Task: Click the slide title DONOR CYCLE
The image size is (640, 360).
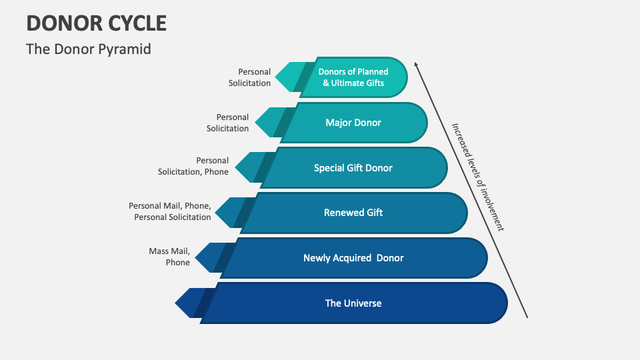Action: pos(97,23)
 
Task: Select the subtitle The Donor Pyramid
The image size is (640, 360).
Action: pos(89,49)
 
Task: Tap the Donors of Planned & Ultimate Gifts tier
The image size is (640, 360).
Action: pos(353,77)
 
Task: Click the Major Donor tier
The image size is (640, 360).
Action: pos(353,123)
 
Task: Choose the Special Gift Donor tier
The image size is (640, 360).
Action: pos(353,168)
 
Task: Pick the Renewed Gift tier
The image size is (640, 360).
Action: pos(353,213)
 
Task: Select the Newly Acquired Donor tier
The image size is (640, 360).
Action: pos(353,258)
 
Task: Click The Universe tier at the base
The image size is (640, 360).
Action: pos(353,303)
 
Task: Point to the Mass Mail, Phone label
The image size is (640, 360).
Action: pos(170,257)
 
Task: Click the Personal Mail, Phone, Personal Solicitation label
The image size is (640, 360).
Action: pos(170,211)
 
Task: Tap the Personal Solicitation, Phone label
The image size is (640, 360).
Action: pos(193,166)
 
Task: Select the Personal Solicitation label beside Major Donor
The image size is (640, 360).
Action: pos(227,123)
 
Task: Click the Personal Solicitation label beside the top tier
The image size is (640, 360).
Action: pos(249,77)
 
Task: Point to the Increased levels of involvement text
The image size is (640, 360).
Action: pos(477,177)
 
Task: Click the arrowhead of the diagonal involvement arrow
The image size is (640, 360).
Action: pos(416,65)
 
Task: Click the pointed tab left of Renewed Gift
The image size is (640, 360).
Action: pos(228,213)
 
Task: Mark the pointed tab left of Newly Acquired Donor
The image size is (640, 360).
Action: pos(208,258)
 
